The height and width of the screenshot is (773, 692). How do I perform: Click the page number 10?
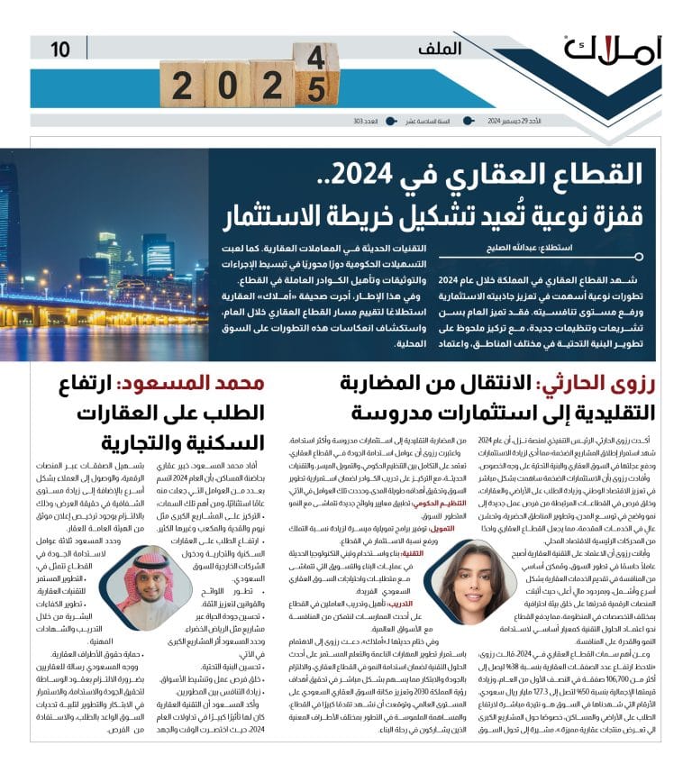[60, 49]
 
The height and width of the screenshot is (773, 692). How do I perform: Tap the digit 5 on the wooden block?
[316, 90]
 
